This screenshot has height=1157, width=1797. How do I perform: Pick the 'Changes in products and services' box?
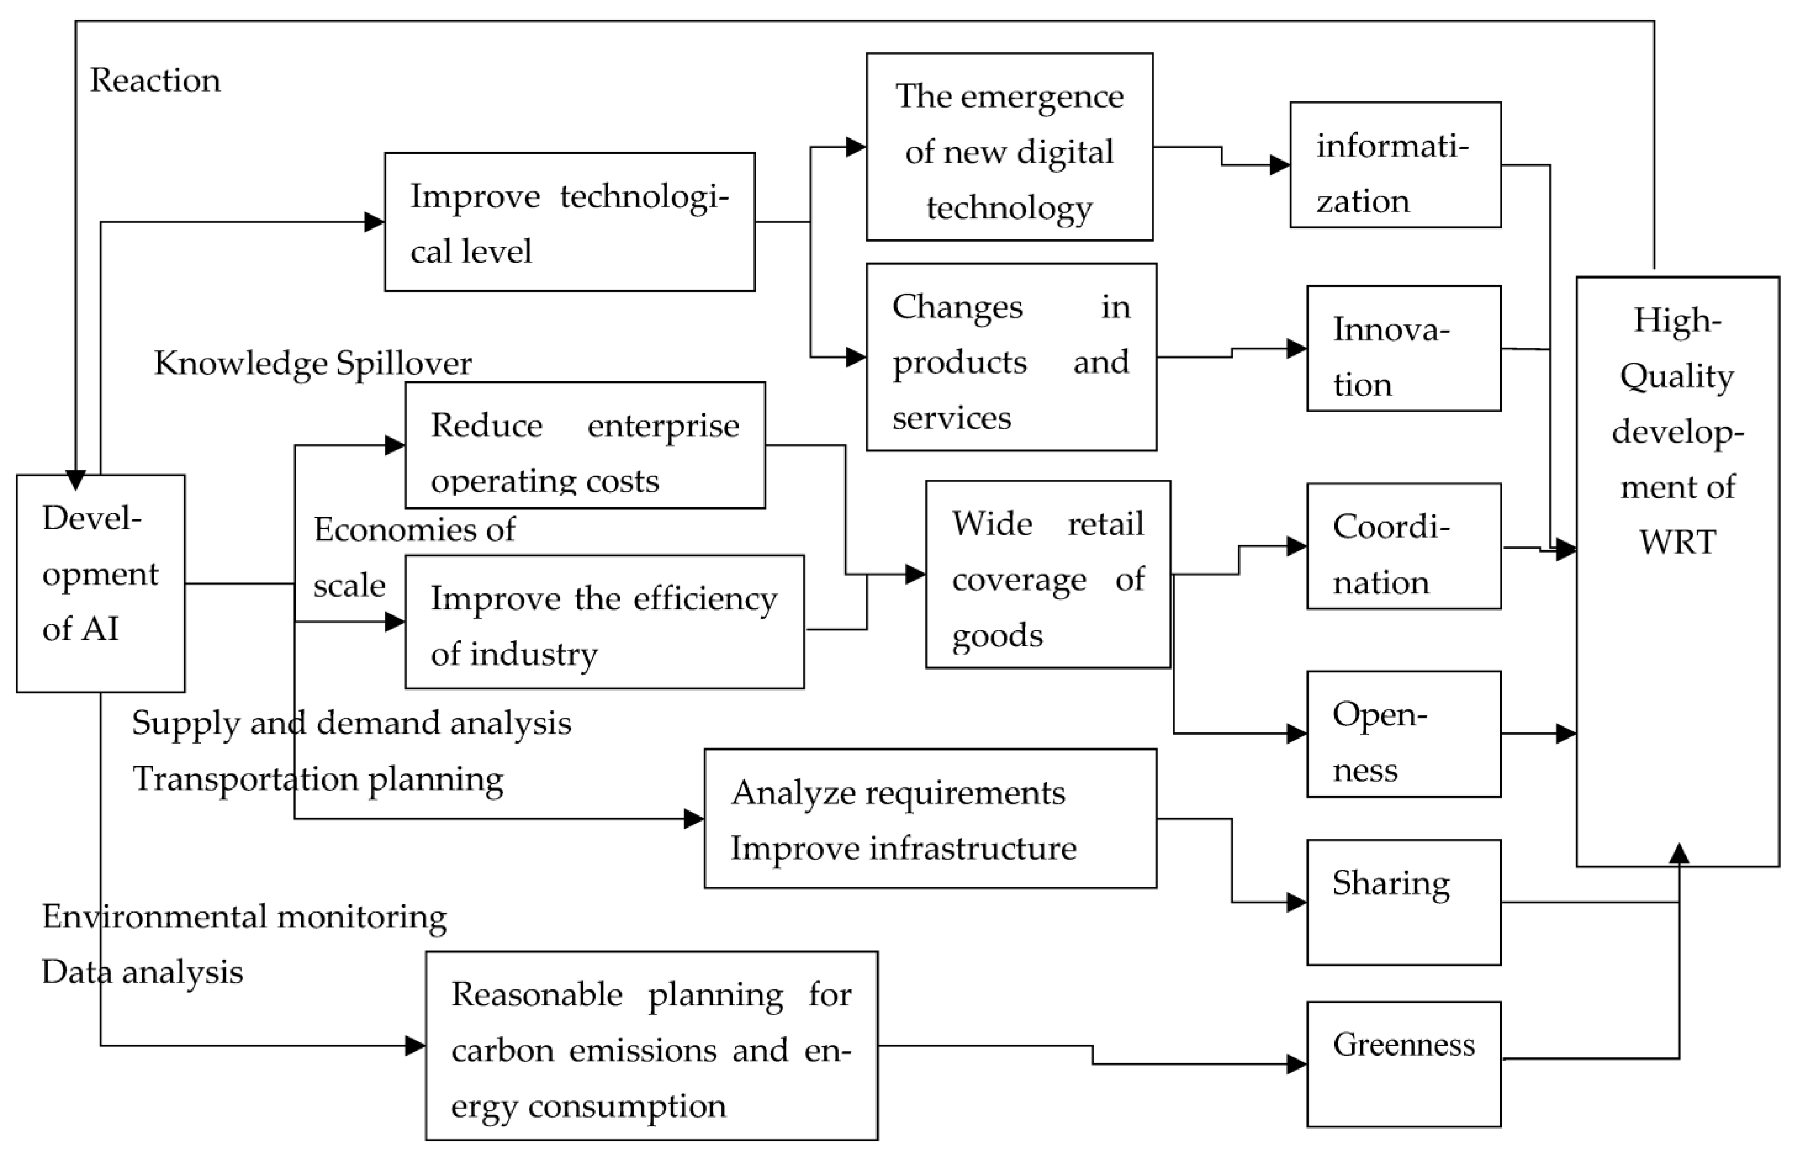(1011, 357)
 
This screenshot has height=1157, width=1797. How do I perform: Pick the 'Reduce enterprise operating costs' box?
(585, 445)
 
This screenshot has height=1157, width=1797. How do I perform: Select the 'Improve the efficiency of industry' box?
(604, 622)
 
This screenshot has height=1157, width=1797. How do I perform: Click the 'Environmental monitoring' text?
(244, 916)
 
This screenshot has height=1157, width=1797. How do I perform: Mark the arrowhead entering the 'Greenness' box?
(1297, 1064)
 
